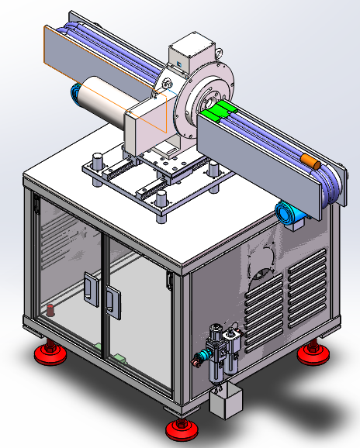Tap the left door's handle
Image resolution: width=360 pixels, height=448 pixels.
pyautogui.click(x=89, y=288)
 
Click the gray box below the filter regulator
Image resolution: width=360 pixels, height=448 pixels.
pyautogui.click(x=226, y=401)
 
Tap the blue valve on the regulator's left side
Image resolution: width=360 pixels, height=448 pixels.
pyautogui.click(x=199, y=358)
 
